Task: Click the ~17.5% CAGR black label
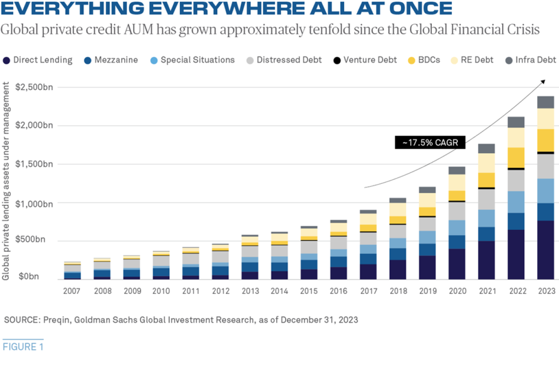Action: tap(430, 142)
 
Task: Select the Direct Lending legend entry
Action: tap(38, 60)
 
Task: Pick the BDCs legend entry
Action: tap(423, 60)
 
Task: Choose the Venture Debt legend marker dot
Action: tap(336, 60)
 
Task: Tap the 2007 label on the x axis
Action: tap(72, 291)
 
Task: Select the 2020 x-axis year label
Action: tap(457, 291)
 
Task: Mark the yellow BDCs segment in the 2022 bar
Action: tap(516, 157)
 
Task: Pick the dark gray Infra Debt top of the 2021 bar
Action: tap(487, 149)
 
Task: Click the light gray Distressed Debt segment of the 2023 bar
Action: tap(546, 166)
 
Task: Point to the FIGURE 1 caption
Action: tap(23, 347)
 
